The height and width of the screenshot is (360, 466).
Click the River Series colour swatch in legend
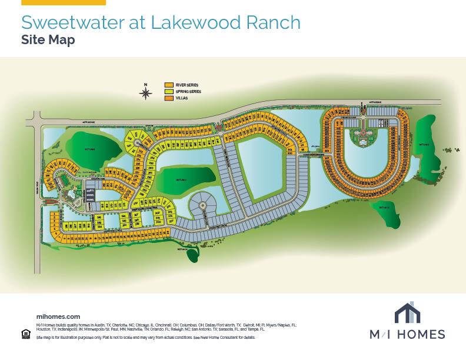tap(169, 85)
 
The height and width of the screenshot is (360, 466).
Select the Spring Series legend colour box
tap(169, 92)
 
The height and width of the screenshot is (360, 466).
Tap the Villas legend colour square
tap(169, 98)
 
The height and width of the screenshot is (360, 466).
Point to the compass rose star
tap(146, 93)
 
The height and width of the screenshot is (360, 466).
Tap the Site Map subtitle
tap(48, 40)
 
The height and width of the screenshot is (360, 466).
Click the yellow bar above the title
tap(64, 2)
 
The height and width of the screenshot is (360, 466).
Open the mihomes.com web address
tap(58, 316)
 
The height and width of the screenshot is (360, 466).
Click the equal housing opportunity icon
tap(25, 334)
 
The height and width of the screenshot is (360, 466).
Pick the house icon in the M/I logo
tap(407, 314)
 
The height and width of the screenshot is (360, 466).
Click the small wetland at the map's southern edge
tap(192, 254)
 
